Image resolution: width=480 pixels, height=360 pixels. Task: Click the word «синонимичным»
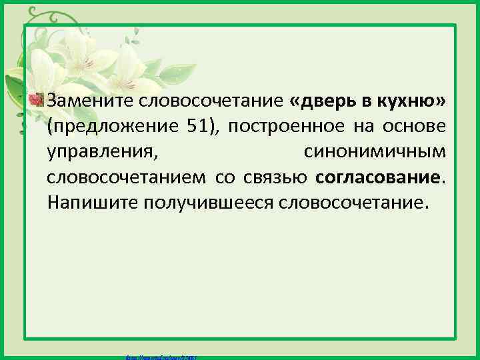coord(375,152)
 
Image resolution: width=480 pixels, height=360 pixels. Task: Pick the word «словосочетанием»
coord(127,177)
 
